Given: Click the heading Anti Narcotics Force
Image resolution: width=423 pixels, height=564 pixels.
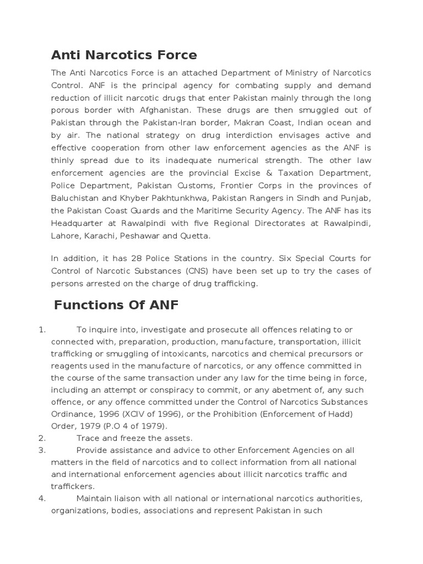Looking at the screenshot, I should pyautogui.click(x=124, y=55).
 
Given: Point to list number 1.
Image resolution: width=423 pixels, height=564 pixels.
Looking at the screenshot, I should pyautogui.click(x=42, y=330).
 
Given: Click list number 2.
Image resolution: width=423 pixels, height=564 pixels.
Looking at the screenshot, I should pyautogui.click(x=42, y=438).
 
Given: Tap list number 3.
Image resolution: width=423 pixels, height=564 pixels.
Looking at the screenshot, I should pyautogui.click(x=42, y=450).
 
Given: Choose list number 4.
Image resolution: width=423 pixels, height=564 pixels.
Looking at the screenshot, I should pyautogui.click(x=42, y=498).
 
